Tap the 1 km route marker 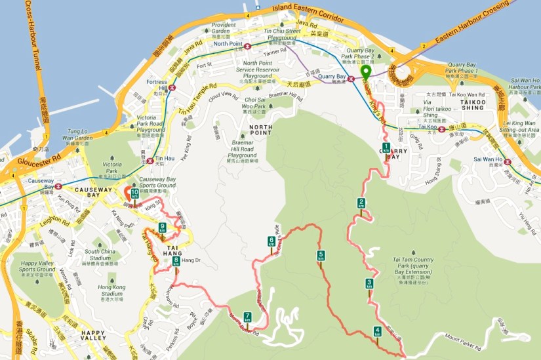(386, 148)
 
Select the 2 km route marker (361, 203)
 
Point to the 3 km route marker (369, 284)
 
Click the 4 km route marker (377, 331)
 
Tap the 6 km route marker (271, 242)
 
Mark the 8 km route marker (176, 262)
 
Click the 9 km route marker (162, 229)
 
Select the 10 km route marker (134, 193)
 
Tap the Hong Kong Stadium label (111, 290)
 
